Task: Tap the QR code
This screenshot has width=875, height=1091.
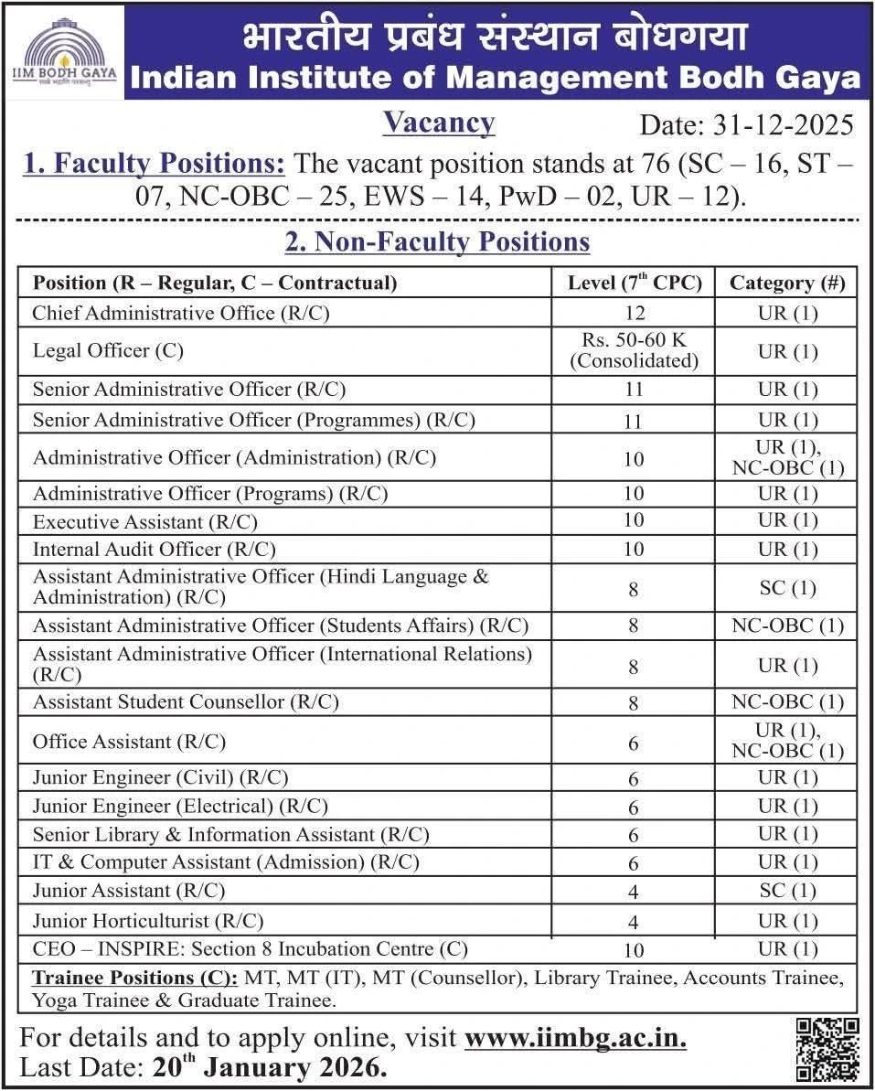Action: pyautogui.click(x=827, y=1049)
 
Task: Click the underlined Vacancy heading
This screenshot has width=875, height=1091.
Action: pyautogui.click(x=439, y=123)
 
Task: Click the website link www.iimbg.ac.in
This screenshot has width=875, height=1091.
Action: pyautogui.click(x=575, y=1039)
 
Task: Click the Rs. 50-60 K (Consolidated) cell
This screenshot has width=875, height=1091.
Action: pyautogui.click(x=634, y=351)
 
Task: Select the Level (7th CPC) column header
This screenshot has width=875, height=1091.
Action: pyautogui.click(x=634, y=283)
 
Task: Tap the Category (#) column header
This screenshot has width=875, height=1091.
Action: pyautogui.click(x=786, y=283)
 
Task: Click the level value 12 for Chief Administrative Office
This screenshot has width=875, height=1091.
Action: pyautogui.click(x=634, y=314)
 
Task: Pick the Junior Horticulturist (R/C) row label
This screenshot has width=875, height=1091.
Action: pyautogui.click(x=147, y=920)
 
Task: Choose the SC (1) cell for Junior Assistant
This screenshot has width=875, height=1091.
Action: pyautogui.click(x=786, y=891)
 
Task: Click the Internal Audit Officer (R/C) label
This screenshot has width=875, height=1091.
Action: pyautogui.click(x=154, y=550)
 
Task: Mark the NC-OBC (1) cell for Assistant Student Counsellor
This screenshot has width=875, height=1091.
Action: pyautogui.click(x=786, y=702)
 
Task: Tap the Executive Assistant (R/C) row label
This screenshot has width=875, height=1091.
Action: pyautogui.click(x=144, y=522)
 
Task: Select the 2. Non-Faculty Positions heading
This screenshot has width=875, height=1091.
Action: pyautogui.click(x=438, y=242)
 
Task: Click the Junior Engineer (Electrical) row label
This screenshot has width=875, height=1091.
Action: pyautogui.click(x=180, y=807)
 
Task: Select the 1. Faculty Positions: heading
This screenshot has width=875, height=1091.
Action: pyautogui.click(x=154, y=165)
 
